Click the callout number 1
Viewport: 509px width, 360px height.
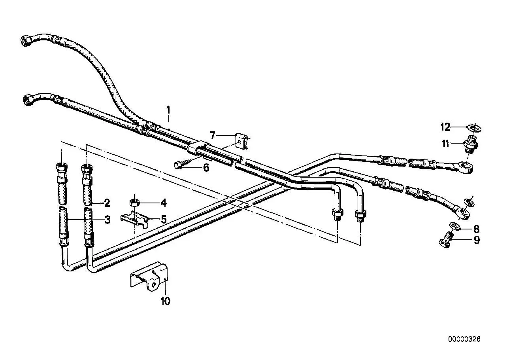pos(168,110)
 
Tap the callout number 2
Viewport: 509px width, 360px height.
pos(107,203)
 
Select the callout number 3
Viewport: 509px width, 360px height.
pos(107,220)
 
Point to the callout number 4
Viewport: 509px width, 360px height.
pos(164,203)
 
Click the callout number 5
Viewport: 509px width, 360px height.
pos(164,220)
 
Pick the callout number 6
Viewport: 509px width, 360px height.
pos(206,168)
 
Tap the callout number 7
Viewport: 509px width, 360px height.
pos(213,136)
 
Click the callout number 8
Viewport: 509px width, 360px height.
pos(477,229)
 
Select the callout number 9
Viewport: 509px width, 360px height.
pos(477,241)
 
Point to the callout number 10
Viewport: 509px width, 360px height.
pos(166,301)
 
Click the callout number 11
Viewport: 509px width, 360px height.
pos(445,144)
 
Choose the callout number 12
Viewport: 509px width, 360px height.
pos(445,127)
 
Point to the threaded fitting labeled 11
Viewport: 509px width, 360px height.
pos(470,144)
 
